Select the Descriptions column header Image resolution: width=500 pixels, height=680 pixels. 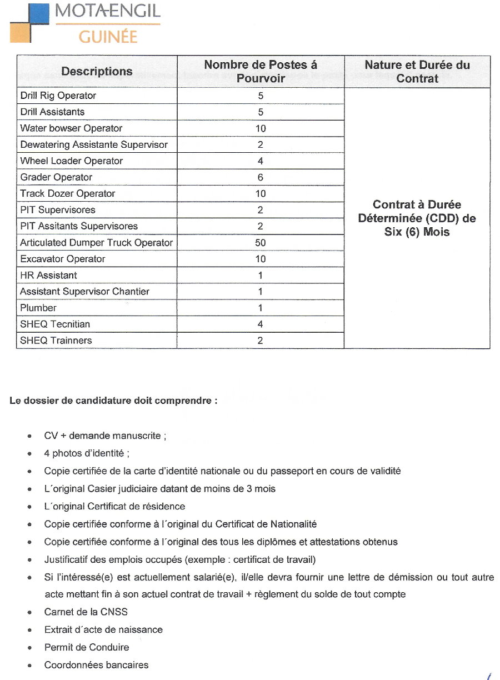point(97,71)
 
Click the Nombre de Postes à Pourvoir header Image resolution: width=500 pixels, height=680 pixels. point(261,71)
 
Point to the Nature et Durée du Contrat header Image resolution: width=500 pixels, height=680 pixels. point(417,71)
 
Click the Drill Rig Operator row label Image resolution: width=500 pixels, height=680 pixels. point(58,96)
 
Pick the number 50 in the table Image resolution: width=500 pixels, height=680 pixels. point(260,243)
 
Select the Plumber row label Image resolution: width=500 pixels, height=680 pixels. point(38,308)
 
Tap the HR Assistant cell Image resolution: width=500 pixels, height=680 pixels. point(48,275)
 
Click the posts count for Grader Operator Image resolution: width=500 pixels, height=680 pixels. point(260,178)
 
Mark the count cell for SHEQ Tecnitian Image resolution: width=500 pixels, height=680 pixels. point(260,324)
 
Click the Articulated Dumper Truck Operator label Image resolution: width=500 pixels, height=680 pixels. point(96,243)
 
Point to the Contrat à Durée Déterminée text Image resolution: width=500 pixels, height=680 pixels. point(417,218)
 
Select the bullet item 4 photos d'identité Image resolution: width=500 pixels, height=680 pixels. point(87,453)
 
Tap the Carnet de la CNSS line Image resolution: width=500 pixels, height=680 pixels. point(86,612)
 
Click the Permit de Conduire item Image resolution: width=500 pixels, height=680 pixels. point(87,647)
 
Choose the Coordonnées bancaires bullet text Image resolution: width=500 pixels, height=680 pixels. point(96,665)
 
